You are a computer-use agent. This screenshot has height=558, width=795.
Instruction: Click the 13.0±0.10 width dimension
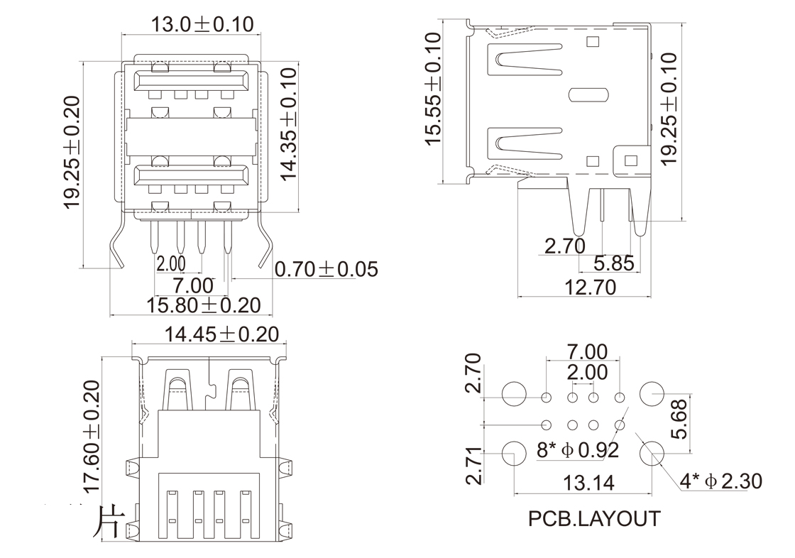click(202, 23)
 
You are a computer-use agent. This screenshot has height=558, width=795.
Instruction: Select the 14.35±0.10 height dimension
click(288, 125)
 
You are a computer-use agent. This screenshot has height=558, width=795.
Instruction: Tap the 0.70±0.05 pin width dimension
click(326, 270)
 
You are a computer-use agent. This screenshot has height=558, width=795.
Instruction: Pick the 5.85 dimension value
click(613, 264)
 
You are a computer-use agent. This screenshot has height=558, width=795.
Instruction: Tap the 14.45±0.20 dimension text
click(221, 334)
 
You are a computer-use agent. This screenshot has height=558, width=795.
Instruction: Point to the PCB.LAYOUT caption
click(593, 519)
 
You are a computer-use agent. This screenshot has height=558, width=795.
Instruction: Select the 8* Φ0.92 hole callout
click(578, 449)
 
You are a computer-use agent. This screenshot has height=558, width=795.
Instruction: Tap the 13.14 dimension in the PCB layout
click(588, 483)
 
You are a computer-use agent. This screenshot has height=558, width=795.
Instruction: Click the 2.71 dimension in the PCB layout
click(475, 466)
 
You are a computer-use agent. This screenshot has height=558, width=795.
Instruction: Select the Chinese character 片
click(108, 521)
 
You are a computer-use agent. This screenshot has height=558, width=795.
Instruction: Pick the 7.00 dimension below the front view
click(193, 286)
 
